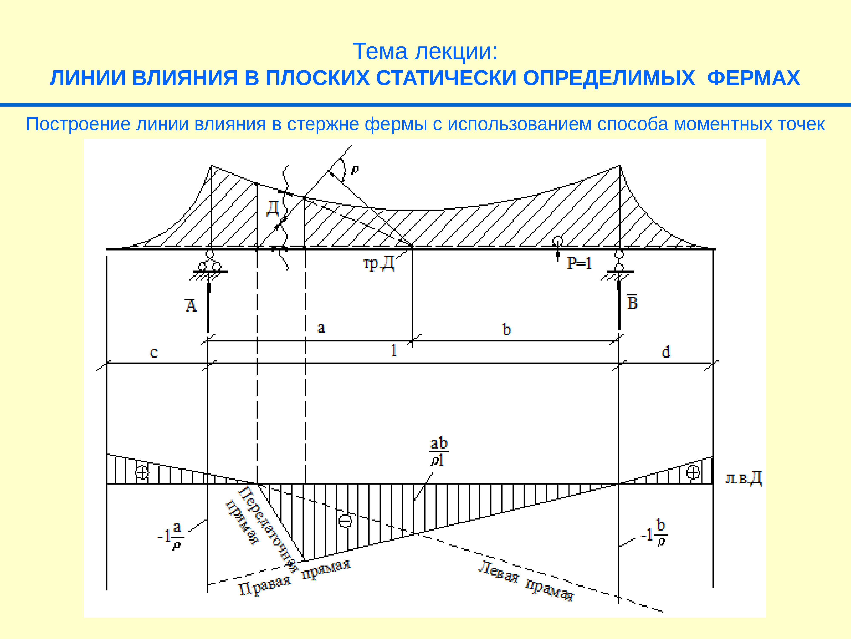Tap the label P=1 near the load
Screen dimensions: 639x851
(579, 263)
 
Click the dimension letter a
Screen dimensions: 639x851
(321, 328)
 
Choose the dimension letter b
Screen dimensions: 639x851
(507, 329)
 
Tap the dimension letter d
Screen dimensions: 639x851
(665, 352)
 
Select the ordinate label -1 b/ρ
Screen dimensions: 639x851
(654, 534)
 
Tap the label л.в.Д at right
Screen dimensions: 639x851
(743, 479)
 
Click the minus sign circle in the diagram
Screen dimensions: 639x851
(345, 521)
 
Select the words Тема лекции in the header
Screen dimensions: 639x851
(425, 51)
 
